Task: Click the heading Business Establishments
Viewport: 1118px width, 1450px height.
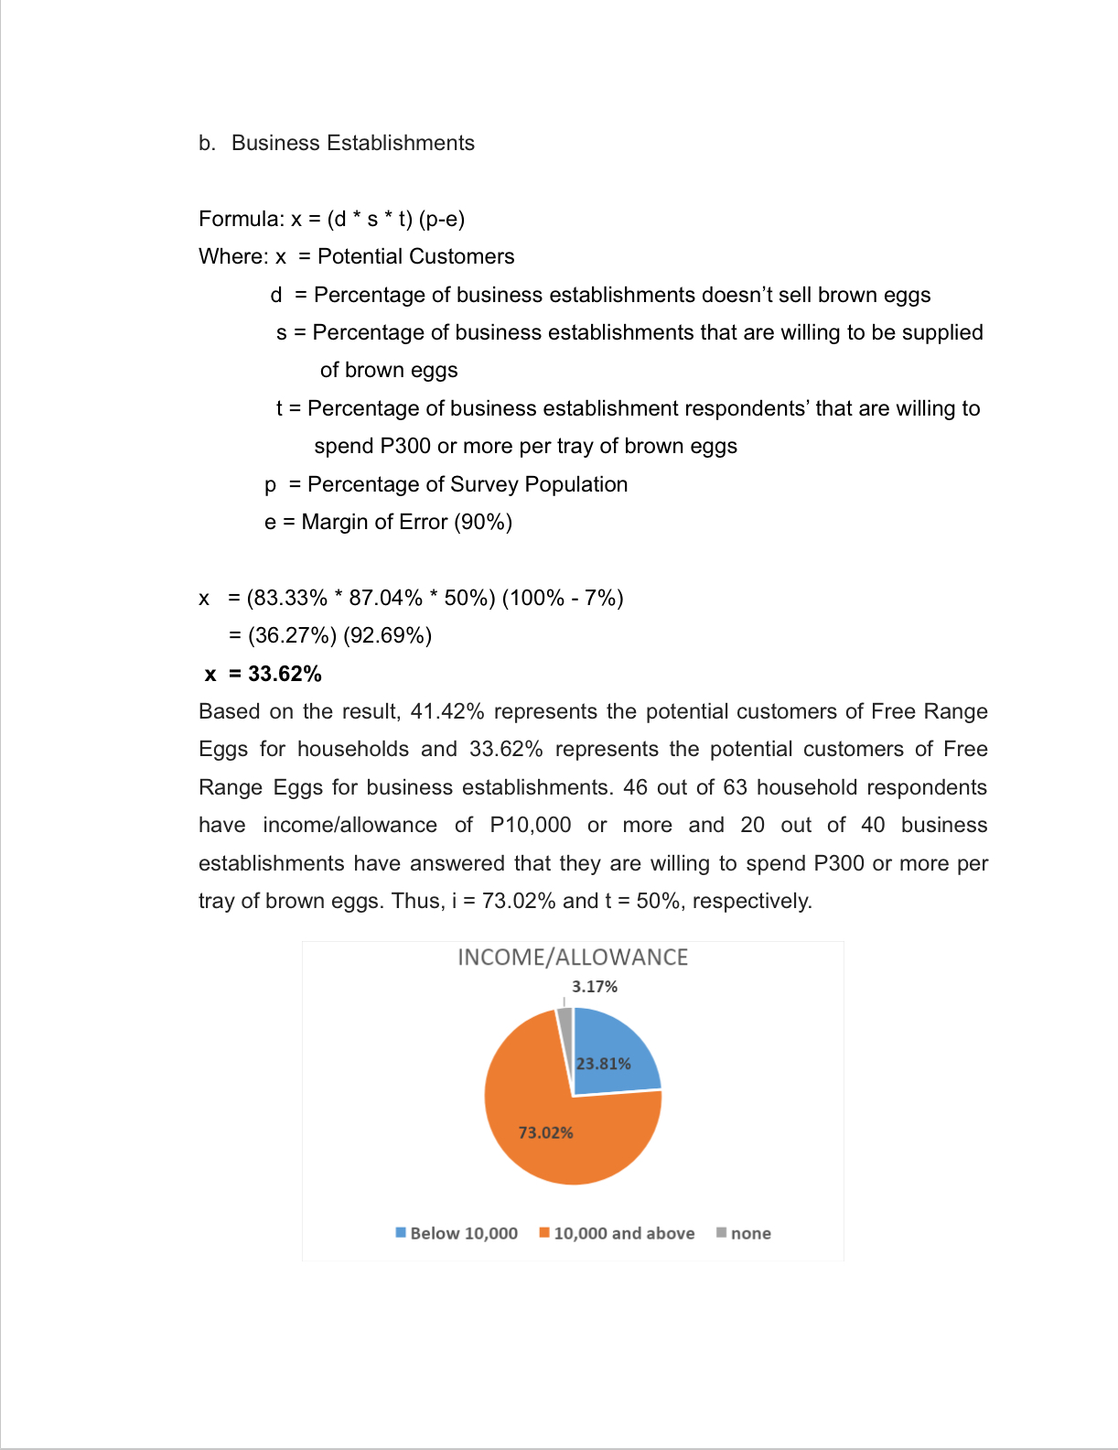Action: pos(352,143)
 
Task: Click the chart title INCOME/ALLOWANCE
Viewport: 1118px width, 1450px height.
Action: pos(573,958)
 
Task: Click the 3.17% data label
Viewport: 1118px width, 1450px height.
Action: pos(595,987)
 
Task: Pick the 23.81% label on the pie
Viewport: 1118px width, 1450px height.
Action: pos(604,1064)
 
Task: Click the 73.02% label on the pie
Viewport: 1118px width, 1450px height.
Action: pos(546,1133)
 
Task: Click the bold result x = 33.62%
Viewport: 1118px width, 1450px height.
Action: pos(263,674)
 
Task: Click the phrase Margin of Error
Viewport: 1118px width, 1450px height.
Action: pos(374,522)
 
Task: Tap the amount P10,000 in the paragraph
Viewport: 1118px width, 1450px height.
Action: pos(531,825)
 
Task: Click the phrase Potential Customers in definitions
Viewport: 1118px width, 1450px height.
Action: pos(415,256)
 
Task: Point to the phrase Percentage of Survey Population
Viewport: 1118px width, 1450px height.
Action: pos(468,484)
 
